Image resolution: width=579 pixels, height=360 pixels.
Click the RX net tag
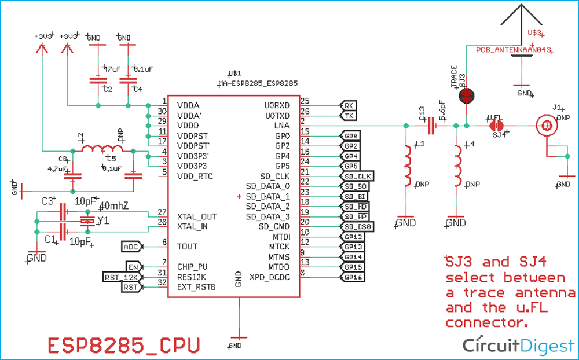pos(349,106)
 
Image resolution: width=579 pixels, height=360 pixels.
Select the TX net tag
pos(349,116)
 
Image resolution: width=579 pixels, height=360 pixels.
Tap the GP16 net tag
pos(353,277)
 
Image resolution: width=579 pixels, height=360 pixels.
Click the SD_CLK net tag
pos(357,176)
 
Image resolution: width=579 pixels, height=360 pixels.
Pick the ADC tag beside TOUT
pos(131,247)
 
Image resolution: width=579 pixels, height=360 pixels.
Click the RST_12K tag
pos(119,277)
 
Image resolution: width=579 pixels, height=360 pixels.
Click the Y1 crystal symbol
pos(87,221)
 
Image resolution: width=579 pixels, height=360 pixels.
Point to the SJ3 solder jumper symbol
pos(466,96)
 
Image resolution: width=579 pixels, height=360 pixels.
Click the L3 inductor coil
pos(408,163)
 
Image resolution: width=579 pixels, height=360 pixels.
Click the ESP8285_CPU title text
pos(124,345)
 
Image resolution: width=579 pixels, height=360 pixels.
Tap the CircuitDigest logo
pos(518,345)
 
